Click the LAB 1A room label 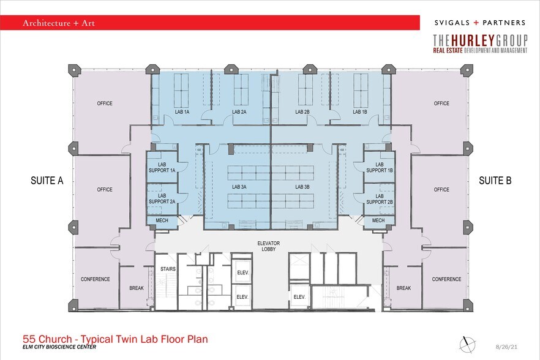click(182, 112)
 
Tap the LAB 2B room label click(302, 112)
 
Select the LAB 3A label click(239, 187)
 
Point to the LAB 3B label click(303, 187)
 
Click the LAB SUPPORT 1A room click(162, 167)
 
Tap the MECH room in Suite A click(162, 220)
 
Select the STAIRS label click(168, 269)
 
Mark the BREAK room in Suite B click(403, 288)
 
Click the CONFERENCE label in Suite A click(96, 279)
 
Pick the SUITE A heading click(47, 181)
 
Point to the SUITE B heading click(495, 181)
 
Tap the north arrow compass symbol click(467, 342)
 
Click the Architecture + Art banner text click(59, 23)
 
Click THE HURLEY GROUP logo click(479, 44)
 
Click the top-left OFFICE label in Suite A click(105, 103)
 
